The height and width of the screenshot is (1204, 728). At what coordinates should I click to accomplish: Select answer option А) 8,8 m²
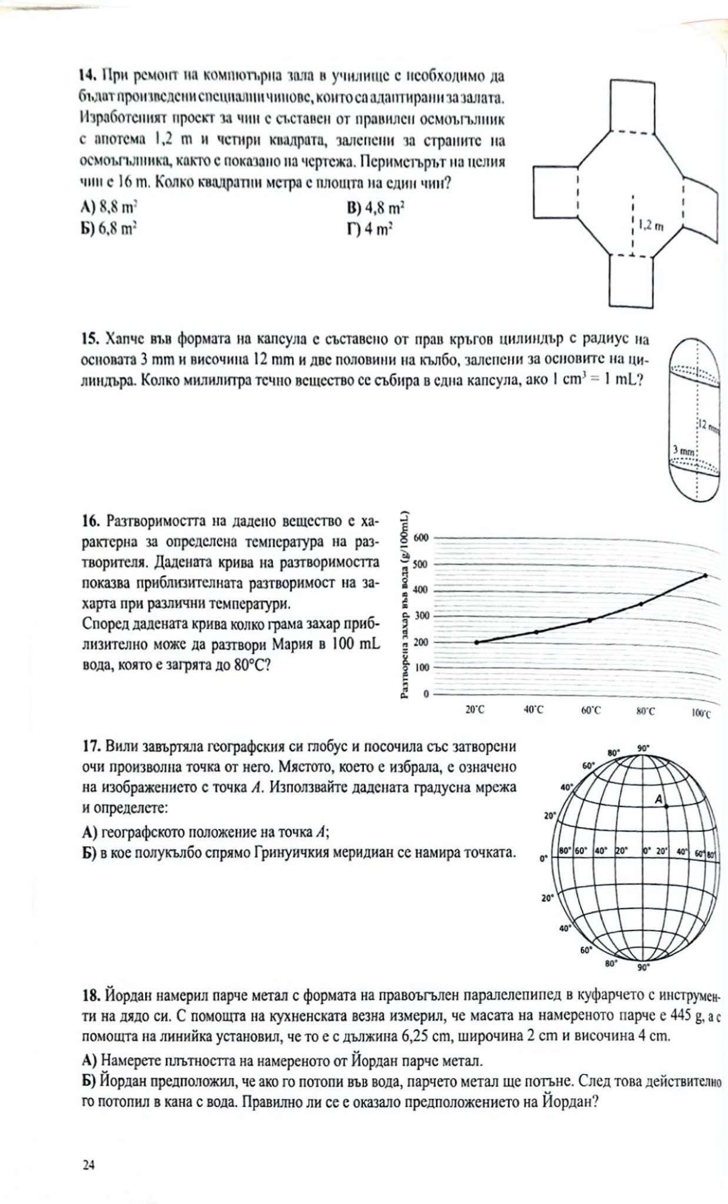[x=109, y=206]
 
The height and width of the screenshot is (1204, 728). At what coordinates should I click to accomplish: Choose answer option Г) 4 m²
[x=369, y=229]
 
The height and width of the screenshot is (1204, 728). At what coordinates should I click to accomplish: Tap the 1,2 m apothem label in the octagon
[x=651, y=226]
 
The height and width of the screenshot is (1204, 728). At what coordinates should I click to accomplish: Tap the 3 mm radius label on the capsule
[x=684, y=450]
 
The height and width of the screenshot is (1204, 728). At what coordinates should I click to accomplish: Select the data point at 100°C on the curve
[x=705, y=576]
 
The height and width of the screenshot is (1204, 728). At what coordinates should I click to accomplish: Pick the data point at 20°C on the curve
[x=476, y=642]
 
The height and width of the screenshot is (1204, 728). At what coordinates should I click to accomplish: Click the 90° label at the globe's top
[x=643, y=748]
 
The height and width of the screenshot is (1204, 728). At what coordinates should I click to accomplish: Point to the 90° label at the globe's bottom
[x=643, y=966]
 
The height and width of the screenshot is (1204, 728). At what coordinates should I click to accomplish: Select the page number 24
[x=89, y=1165]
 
